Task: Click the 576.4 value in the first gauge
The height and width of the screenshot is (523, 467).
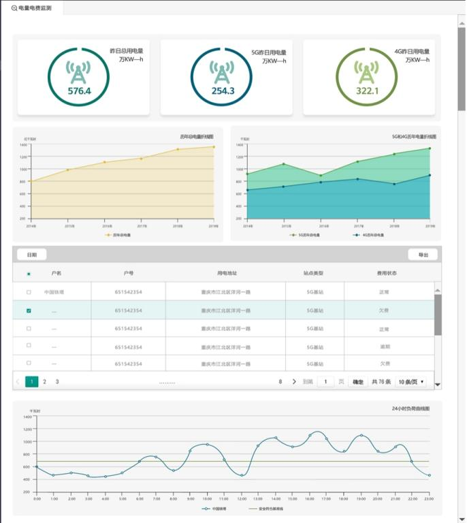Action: point(79,91)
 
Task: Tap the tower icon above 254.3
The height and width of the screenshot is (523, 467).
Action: point(223,72)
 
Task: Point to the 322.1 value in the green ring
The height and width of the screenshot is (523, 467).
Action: point(367,91)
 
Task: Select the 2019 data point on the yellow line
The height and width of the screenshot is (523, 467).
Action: point(214,146)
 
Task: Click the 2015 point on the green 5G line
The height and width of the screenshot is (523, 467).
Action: point(283,164)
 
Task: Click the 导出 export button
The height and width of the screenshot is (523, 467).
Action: point(423,255)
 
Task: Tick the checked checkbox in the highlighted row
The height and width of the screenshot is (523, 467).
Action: point(29,311)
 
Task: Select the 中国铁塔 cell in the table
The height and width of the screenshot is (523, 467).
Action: point(54,292)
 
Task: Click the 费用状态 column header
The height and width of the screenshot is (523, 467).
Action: point(387,273)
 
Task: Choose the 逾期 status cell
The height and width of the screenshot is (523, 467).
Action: point(385,347)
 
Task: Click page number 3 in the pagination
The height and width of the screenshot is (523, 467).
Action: point(57,381)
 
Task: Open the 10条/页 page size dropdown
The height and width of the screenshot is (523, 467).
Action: point(411,382)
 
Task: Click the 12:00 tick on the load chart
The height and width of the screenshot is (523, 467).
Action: point(242,498)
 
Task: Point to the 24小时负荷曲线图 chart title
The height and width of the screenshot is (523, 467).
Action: point(410,409)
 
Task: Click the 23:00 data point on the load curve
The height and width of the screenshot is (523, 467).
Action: point(430,475)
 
